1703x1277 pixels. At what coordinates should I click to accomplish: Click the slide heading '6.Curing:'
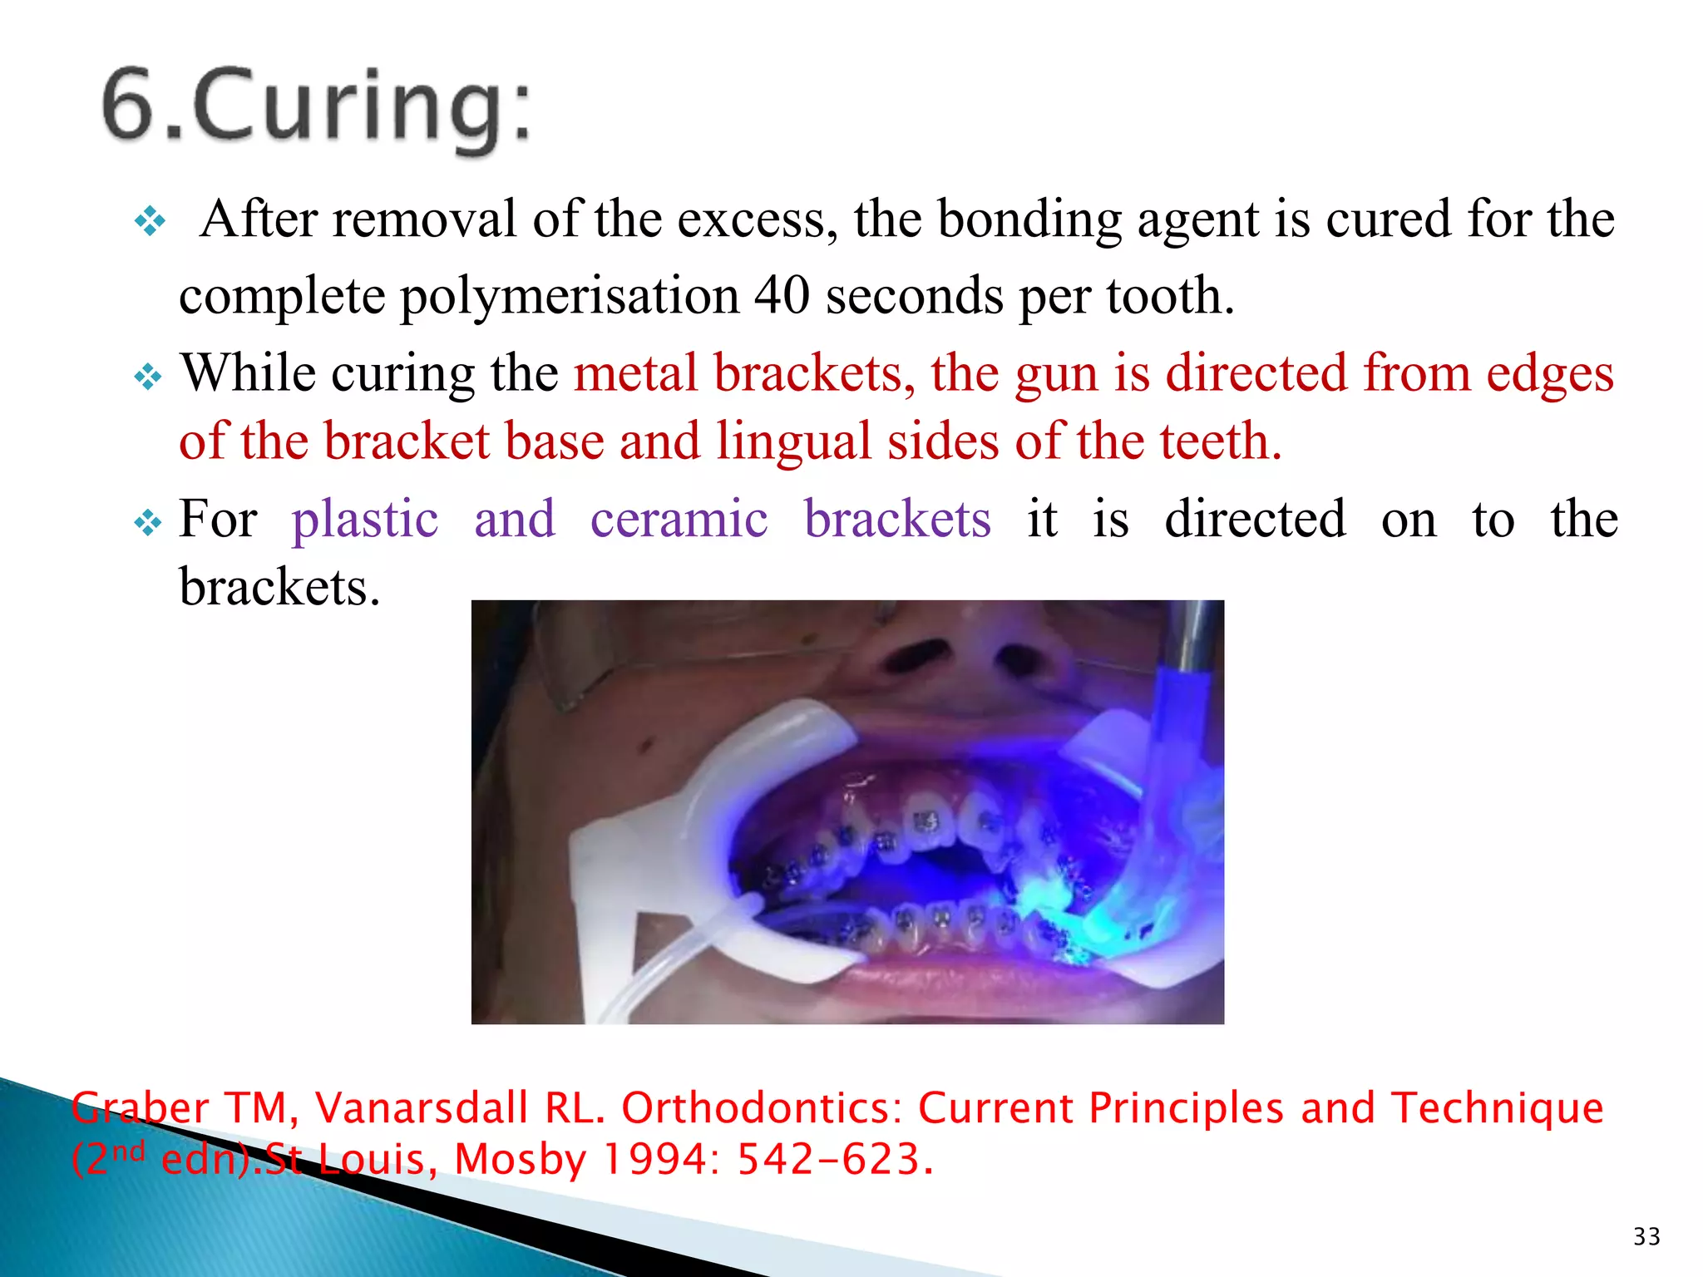tap(316, 108)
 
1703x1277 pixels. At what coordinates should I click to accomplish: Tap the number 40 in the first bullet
tap(781, 295)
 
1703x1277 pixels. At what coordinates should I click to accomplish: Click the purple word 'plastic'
tap(365, 520)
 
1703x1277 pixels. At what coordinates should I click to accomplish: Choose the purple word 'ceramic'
tap(679, 520)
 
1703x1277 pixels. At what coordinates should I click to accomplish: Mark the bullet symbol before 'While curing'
tap(148, 377)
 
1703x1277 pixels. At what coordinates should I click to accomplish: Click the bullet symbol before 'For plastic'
tap(148, 523)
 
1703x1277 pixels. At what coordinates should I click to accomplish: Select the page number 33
tap(1646, 1236)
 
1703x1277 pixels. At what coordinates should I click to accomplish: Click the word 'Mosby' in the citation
tap(521, 1161)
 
